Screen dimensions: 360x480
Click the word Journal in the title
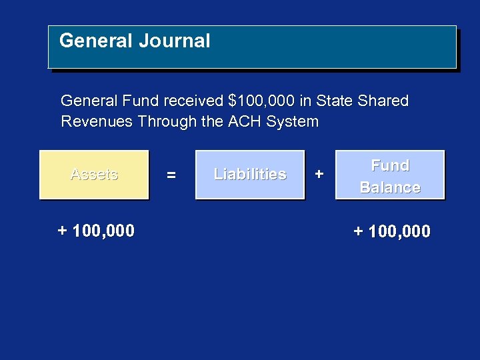tap(174, 41)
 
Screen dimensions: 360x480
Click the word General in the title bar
tap(96, 41)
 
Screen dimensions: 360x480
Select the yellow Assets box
tap(94, 175)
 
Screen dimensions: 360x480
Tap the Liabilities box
tap(250, 175)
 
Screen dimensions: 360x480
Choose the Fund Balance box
tap(390, 175)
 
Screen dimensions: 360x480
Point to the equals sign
tap(171, 175)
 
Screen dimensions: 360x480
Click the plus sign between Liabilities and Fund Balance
tap(319, 175)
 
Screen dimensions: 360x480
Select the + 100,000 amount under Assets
tap(96, 231)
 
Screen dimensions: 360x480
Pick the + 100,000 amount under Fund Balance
tap(392, 232)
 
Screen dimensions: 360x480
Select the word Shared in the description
tap(383, 101)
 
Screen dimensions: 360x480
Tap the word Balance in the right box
tap(390, 188)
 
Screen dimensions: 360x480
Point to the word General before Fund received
tap(89, 101)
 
